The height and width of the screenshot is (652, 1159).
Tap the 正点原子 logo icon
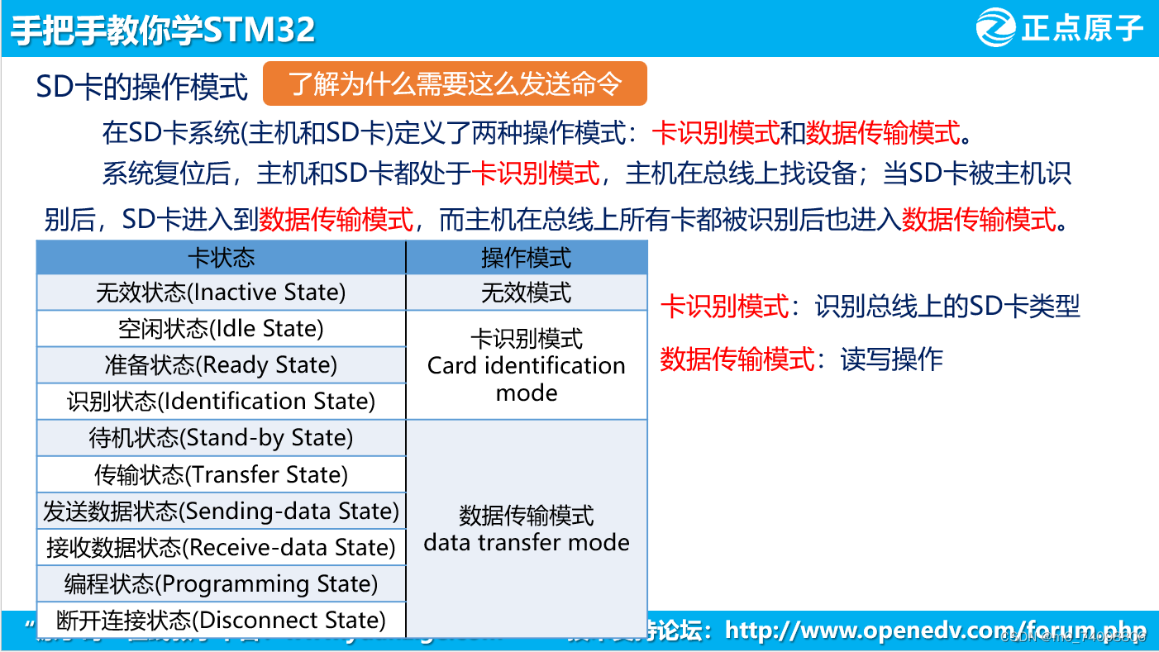click(996, 29)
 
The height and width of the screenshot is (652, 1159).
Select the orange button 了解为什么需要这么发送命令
click(455, 83)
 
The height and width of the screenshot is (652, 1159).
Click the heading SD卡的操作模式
click(142, 86)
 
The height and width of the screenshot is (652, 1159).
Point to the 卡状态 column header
click(221, 258)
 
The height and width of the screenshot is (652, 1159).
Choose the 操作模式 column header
click(527, 258)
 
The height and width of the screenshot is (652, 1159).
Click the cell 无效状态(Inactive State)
click(221, 293)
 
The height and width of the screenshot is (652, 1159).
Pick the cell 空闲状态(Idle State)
click(221, 329)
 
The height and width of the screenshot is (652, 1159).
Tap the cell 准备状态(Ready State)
click(221, 365)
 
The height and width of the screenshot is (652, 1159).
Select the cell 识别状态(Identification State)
click(221, 402)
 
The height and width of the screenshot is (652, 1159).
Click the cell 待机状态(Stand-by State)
click(221, 438)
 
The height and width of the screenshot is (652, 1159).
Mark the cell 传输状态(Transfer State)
click(221, 475)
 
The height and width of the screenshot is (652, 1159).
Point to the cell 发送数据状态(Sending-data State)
click(221, 512)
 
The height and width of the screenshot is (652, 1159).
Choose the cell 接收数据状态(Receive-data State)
click(221, 548)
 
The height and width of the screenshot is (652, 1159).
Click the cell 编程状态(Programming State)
click(221, 584)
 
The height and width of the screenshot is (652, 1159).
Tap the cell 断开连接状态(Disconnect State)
click(221, 621)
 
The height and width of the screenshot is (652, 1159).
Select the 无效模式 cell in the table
click(527, 293)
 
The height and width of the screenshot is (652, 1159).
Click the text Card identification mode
click(527, 378)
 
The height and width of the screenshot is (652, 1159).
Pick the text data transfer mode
click(527, 542)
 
